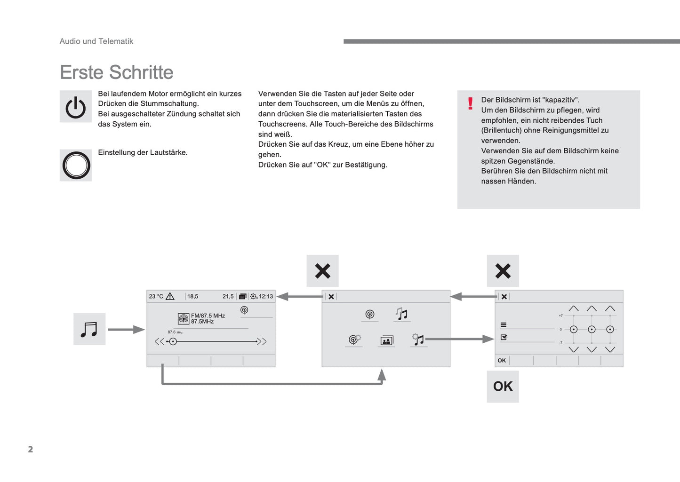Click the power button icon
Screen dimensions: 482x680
(76, 107)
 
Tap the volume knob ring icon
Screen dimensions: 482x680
(76, 166)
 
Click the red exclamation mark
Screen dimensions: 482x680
(470, 103)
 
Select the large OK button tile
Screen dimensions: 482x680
(503, 387)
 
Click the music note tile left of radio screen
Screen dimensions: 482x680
(89, 329)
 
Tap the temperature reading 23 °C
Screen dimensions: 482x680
(156, 297)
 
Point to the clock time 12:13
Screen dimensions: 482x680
(266, 297)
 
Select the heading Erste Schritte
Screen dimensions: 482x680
(116, 72)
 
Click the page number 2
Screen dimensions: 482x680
(31, 450)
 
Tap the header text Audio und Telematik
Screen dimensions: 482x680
(96, 41)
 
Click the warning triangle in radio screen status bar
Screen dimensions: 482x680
(170, 296)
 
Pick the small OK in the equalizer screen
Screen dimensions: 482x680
(502, 361)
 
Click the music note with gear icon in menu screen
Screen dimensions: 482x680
(418, 340)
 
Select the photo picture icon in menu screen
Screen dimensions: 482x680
(386, 340)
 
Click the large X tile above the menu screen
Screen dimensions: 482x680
(322, 271)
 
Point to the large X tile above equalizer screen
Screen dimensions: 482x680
(503, 271)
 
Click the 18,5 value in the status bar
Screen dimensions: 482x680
(192, 297)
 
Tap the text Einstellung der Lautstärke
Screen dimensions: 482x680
(143, 152)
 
